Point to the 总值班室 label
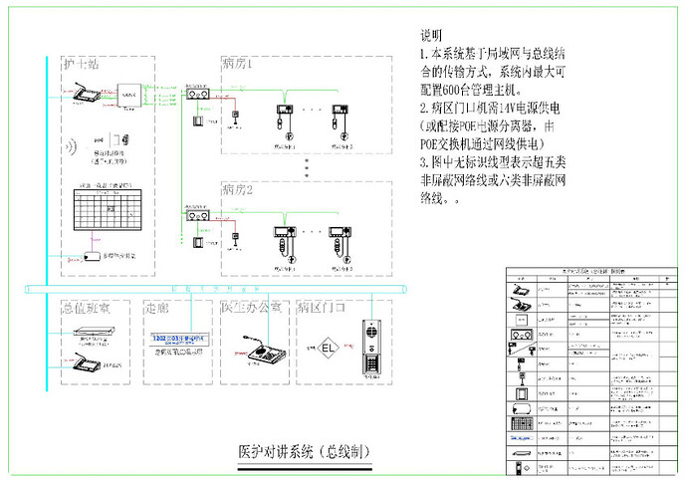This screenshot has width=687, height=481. click(86, 308)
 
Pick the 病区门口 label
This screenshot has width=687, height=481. click(323, 308)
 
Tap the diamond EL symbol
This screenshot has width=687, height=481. click(329, 350)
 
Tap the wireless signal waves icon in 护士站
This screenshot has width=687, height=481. click(73, 147)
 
